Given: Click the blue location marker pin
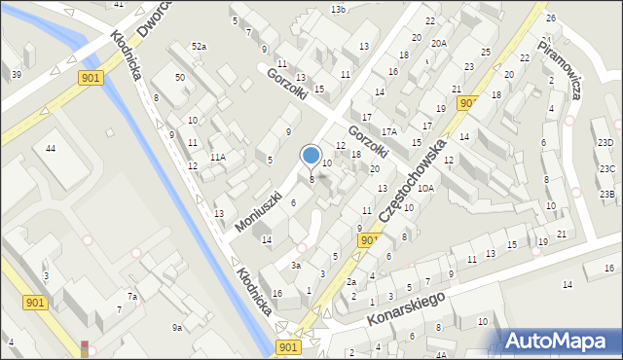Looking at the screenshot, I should (x=311, y=156).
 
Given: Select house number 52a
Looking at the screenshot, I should (x=199, y=47).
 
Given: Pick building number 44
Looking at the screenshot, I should (x=51, y=148).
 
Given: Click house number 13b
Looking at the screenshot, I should (x=338, y=9).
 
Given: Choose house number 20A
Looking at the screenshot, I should (x=439, y=43).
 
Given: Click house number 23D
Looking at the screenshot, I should (x=606, y=143).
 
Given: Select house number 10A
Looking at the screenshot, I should (x=425, y=188).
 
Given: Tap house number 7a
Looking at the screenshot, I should (x=131, y=296).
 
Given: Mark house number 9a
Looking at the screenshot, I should (x=177, y=328).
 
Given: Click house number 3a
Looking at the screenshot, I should (x=296, y=265).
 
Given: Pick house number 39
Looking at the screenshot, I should (x=17, y=75).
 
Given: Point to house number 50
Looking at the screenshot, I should (x=180, y=77).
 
